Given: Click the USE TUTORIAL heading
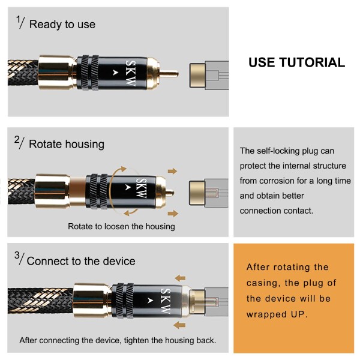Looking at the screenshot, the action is (x=296, y=62).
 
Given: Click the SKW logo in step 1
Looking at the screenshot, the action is (x=131, y=73).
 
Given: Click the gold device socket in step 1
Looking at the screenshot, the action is (x=197, y=76).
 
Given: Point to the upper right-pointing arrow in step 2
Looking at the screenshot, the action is (x=172, y=171).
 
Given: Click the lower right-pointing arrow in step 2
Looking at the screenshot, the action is (x=173, y=213).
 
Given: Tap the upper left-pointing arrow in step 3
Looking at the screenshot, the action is (x=180, y=278).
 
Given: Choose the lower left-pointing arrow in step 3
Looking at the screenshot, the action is (x=179, y=325).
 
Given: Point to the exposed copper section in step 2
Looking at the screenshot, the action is (x=77, y=191).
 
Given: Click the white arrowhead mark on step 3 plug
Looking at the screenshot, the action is (x=150, y=301).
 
